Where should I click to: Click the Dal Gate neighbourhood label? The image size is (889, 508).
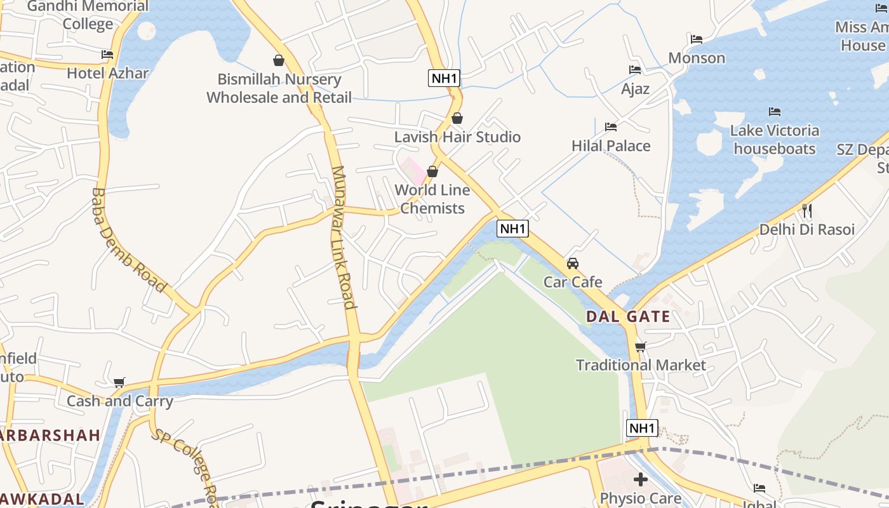(x=627, y=316)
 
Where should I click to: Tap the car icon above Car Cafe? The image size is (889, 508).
(x=573, y=264)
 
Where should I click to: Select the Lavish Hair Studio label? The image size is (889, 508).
(x=457, y=137)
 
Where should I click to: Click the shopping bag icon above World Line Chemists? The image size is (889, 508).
(x=432, y=171)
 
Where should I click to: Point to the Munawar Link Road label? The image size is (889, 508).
(x=343, y=237)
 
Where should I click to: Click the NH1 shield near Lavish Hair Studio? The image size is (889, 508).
(x=444, y=78)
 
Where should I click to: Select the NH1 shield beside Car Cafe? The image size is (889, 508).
(x=512, y=229)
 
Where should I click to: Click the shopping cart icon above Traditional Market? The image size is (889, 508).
(x=640, y=347)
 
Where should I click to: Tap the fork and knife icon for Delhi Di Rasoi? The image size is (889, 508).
(x=807, y=211)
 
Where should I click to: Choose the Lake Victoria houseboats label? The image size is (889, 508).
(x=774, y=140)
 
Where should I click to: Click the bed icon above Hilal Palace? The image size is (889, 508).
(x=611, y=127)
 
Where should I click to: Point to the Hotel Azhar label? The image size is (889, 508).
(x=107, y=73)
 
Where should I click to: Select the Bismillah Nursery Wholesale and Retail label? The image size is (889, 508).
(x=279, y=88)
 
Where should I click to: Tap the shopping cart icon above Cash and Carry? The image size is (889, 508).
(x=119, y=382)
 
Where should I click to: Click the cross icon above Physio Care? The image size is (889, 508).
(x=640, y=479)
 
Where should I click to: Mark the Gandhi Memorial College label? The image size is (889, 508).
(x=88, y=15)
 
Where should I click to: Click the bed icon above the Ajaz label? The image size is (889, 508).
(x=635, y=70)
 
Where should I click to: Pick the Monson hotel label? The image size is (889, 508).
(x=697, y=58)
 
